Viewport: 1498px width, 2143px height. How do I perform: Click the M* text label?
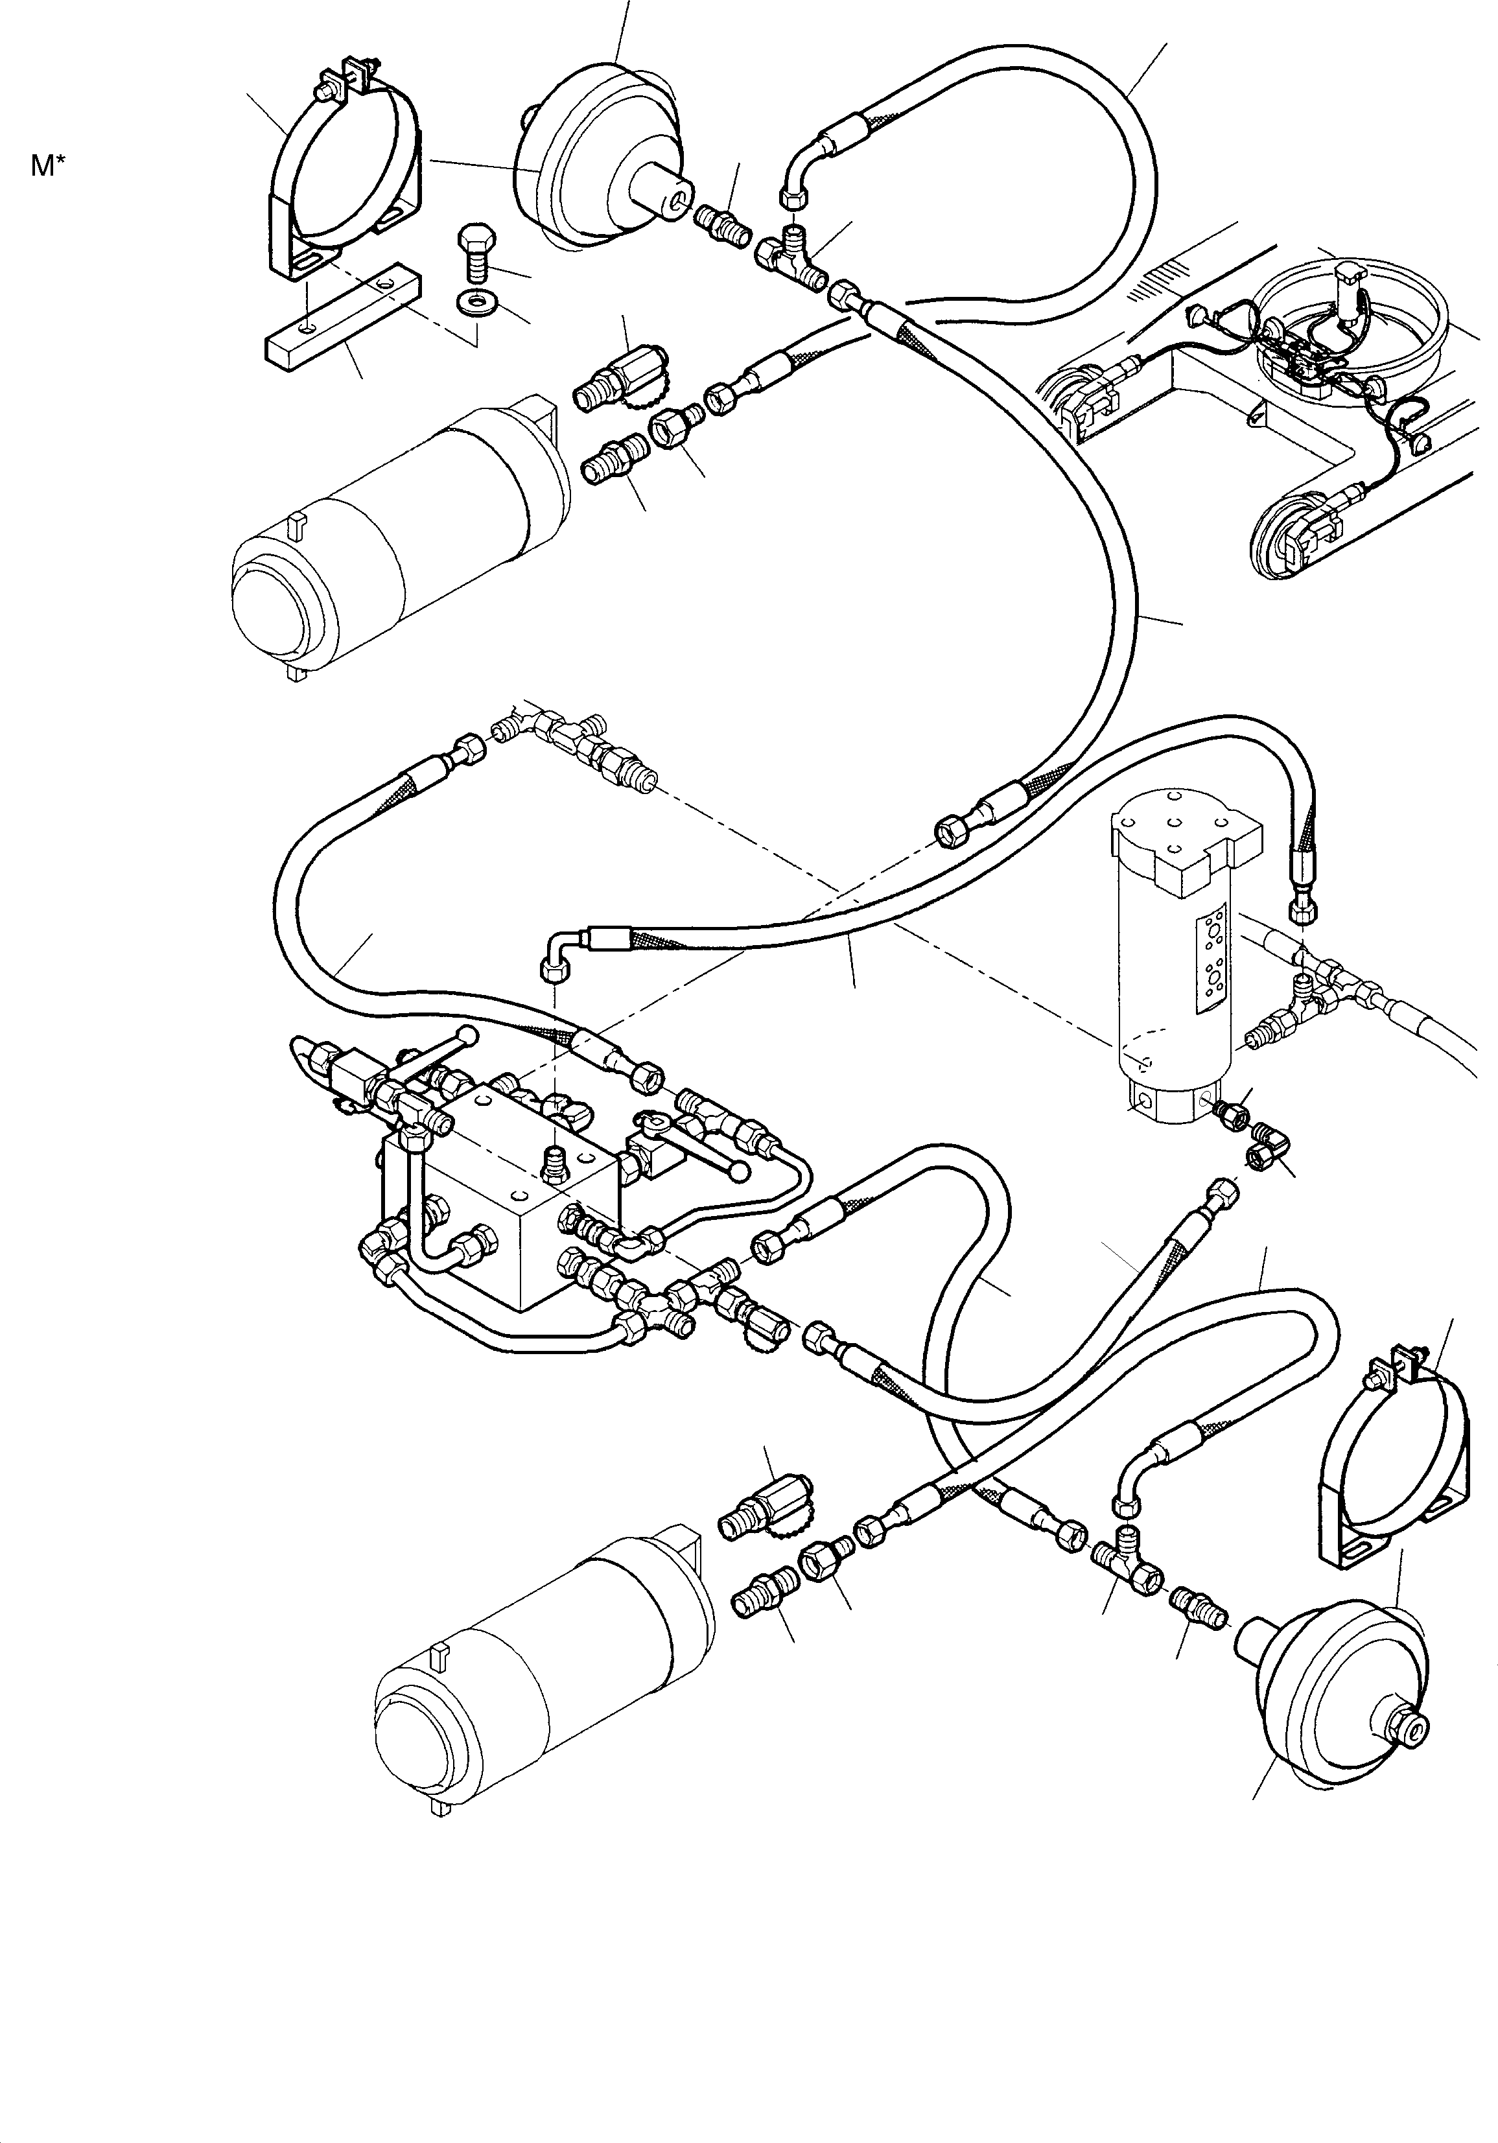[47, 167]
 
